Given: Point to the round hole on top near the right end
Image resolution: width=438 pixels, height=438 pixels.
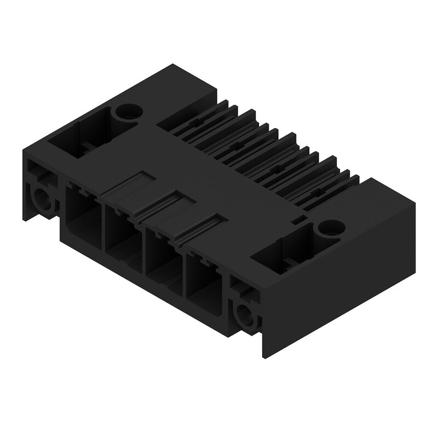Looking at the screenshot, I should (330, 226).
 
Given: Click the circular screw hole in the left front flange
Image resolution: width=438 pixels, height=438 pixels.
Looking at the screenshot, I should (42, 200).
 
